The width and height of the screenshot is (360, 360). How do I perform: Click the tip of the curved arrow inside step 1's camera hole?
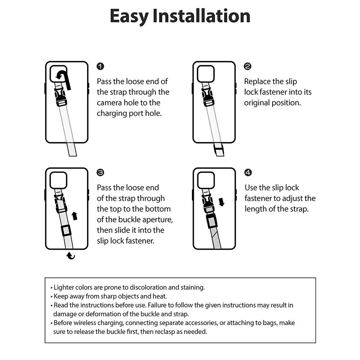(56, 77)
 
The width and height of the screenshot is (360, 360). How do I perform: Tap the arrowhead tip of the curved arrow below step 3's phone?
(67, 255)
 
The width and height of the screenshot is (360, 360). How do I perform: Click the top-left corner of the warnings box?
(45, 278)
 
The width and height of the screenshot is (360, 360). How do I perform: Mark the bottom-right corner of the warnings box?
(316, 343)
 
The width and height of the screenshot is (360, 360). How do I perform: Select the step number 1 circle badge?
(100, 66)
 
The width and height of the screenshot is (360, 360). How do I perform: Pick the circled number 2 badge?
(248, 66)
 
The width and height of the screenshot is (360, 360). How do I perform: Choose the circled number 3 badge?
(100, 172)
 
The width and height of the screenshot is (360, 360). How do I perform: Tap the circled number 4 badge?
(248, 172)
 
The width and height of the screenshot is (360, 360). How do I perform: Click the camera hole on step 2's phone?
(206, 74)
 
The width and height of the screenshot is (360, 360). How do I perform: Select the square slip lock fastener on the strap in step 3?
(66, 230)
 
